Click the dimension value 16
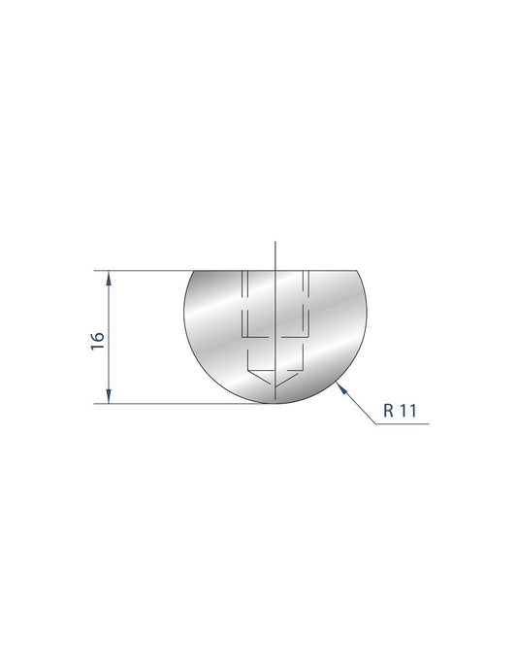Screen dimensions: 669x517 pyautogui.click(x=97, y=340)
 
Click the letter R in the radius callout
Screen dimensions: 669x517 pyautogui.click(x=388, y=411)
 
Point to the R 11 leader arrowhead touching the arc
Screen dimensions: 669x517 pyautogui.click(x=339, y=387)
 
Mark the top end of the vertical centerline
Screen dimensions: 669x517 pyautogui.click(x=275, y=240)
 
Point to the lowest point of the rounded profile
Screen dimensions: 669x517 pyautogui.click(x=276, y=403)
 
